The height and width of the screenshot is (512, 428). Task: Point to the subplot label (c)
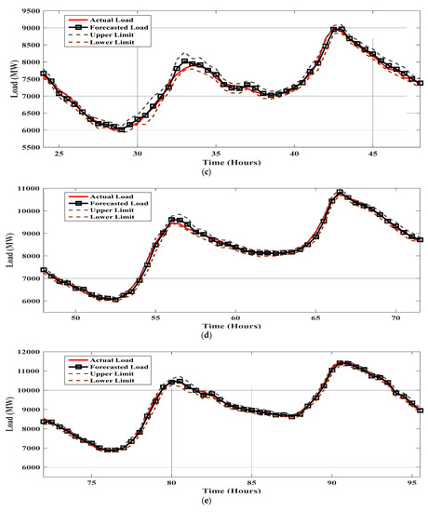click(230, 172)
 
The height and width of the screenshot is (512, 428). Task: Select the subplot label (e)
click(230, 504)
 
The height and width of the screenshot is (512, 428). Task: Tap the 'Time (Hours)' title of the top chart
click(230, 163)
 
